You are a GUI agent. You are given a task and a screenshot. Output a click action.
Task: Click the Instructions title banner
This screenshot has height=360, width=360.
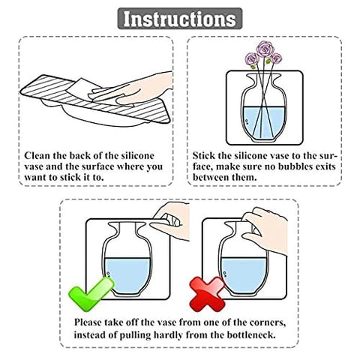pos(179,18)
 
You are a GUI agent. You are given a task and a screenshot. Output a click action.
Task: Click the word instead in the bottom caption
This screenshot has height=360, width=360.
pos(91,334)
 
